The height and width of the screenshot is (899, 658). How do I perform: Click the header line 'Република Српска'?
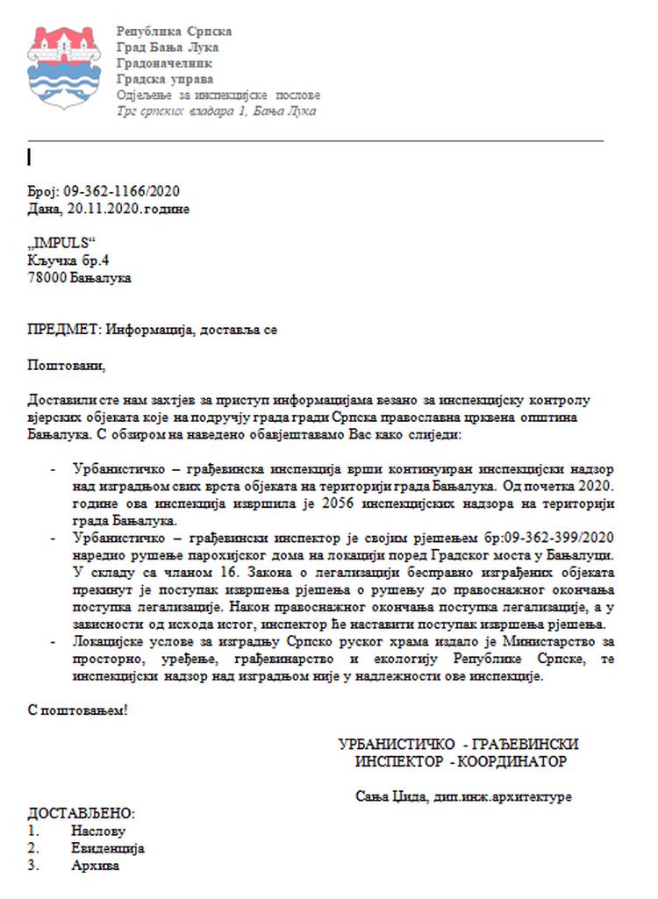[x=174, y=32]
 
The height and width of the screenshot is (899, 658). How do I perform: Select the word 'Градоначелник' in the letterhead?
[x=164, y=63]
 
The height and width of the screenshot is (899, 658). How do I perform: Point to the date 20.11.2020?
[x=103, y=209]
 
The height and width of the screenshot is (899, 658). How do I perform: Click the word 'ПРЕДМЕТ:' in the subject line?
[x=64, y=330]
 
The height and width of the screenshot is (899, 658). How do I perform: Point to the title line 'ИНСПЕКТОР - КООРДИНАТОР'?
[x=461, y=761]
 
